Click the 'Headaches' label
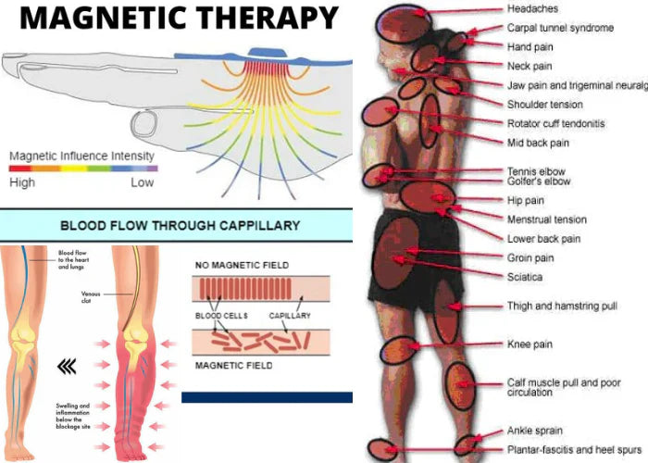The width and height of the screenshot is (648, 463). click(x=532, y=8)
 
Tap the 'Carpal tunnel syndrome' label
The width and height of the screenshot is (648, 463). click(x=560, y=28)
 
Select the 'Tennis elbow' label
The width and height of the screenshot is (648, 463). click(x=536, y=171)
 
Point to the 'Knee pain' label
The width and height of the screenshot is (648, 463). click(x=530, y=344)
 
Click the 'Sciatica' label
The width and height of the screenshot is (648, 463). click(x=525, y=277)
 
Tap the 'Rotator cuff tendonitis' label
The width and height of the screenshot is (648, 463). click(x=555, y=123)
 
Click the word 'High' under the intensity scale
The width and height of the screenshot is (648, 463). click(x=22, y=182)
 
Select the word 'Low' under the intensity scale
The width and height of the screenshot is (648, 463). click(x=142, y=182)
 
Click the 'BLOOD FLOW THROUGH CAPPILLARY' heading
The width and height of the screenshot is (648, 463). click(x=179, y=224)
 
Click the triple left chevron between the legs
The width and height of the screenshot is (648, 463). click(x=66, y=367)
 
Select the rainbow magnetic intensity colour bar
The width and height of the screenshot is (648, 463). click(x=82, y=169)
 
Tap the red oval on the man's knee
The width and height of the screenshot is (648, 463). click(x=400, y=352)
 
